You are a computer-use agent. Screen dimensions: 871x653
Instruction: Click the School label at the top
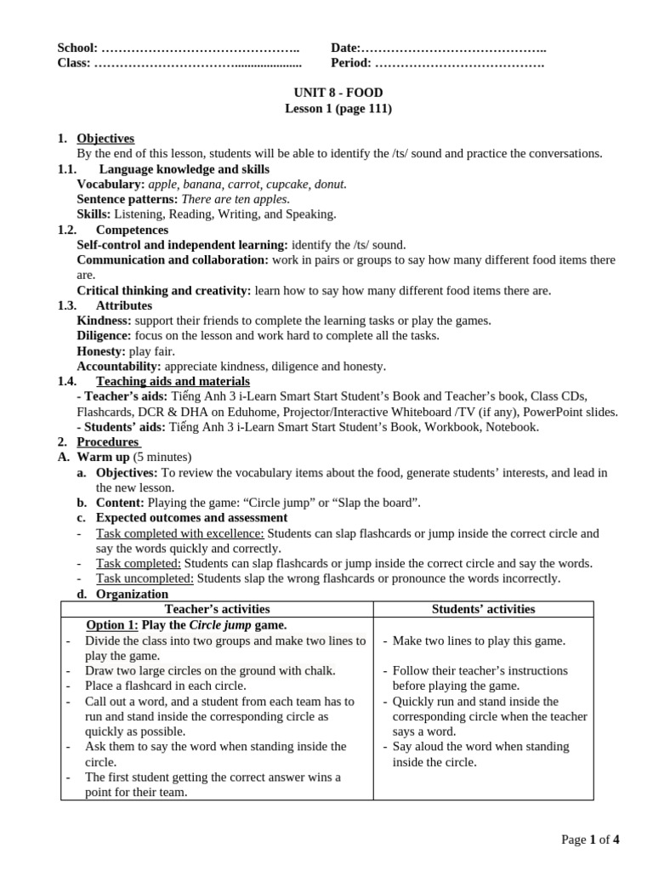77,48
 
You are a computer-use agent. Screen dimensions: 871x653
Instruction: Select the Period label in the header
350,63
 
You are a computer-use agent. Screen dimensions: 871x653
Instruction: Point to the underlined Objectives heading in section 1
105,139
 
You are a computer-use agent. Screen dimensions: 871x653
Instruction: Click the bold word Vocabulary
111,184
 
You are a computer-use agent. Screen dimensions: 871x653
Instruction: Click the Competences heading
132,230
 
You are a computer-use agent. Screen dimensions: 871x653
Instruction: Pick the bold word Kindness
104,321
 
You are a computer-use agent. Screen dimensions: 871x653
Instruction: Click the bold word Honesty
100,351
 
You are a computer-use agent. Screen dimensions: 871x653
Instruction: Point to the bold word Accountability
117,367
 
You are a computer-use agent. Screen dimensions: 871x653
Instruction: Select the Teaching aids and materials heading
173,382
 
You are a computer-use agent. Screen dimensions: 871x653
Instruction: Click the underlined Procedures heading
107,442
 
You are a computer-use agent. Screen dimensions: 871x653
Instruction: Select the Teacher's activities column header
217,609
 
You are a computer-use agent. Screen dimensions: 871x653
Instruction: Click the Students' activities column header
483,609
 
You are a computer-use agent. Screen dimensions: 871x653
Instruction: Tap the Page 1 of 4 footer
590,840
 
